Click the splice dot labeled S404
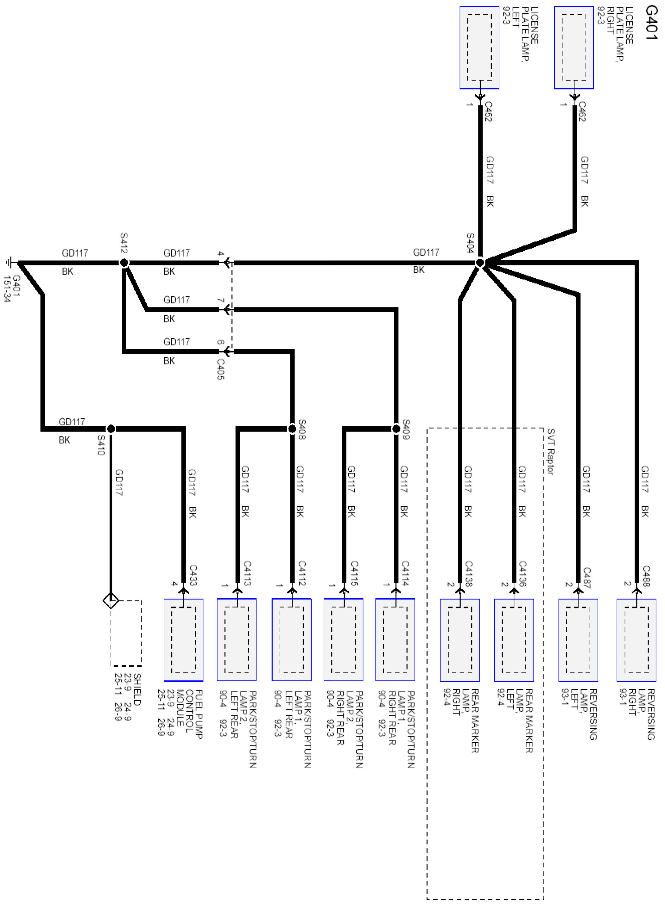479,263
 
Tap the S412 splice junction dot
124,263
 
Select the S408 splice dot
292,429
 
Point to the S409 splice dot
396,429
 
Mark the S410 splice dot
111,429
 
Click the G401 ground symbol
10,263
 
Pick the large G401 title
651,22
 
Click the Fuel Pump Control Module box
184,640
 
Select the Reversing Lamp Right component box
636,640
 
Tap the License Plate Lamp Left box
479,48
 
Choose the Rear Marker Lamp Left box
514,640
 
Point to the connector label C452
488,111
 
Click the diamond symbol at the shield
111,601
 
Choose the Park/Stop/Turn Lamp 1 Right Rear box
395,640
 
